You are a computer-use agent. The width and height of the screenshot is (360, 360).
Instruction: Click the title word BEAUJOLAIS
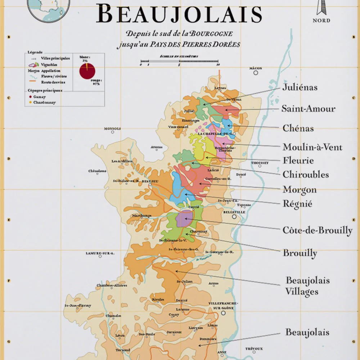tap(179, 14)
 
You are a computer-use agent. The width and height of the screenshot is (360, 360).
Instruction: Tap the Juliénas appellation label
tap(300, 87)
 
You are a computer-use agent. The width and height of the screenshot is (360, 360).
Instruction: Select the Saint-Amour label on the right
tap(308, 109)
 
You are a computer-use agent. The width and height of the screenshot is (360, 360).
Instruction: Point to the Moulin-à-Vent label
tap(312, 147)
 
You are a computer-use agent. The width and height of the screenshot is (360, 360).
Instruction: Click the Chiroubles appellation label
tap(305, 175)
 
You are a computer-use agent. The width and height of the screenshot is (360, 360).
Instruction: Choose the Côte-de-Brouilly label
tap(317, 230)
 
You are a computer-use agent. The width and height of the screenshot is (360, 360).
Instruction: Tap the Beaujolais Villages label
tap(302, 286)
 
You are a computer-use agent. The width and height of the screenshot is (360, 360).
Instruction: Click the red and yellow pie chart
tap(87, 71)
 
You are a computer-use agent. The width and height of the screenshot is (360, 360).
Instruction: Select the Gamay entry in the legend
tap(39, 97)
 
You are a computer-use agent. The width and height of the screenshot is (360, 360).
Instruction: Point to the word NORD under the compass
tap(321, 21)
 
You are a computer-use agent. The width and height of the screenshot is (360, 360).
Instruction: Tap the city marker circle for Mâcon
tap(256, 73)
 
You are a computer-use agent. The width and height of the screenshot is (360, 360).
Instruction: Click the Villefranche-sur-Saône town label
tap(222, 306)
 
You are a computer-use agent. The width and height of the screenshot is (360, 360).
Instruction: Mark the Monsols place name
tap(112, 129)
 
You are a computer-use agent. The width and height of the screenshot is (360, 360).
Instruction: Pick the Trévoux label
tap(254, 348)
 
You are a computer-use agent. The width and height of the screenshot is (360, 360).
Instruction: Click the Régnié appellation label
tap(297, 204)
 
